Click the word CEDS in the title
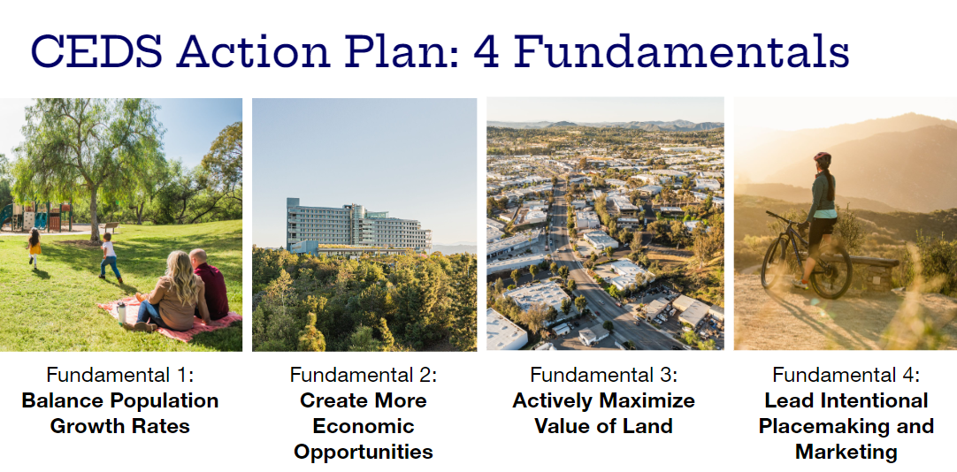(95, 52)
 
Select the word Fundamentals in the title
(681, 52)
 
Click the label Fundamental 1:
(119, 374)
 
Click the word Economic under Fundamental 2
(364, 426)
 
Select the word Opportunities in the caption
(364, 452)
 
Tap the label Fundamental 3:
(604, 374)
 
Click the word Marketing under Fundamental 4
(846, 452)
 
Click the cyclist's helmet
(822, 160)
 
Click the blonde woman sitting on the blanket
(179, 293)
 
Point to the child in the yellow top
(34, 247)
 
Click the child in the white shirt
(109, 255)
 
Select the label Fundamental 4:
(846, 374)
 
